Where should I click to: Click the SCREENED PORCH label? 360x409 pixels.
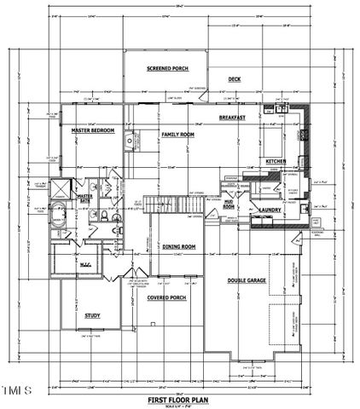167,68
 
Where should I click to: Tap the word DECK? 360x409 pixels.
234,79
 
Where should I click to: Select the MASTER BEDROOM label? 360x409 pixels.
94,130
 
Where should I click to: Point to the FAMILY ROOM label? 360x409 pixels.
178,134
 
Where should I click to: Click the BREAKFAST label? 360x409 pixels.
232,117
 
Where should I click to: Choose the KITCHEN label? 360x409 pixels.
276,161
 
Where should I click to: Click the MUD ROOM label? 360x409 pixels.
229,204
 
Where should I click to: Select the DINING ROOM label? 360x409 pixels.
179,246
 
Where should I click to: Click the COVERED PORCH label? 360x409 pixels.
167,298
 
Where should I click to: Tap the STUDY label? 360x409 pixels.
92,315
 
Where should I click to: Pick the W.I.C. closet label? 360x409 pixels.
85,262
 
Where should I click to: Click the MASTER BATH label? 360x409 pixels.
84,199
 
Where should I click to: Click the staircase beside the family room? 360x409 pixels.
162,204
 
